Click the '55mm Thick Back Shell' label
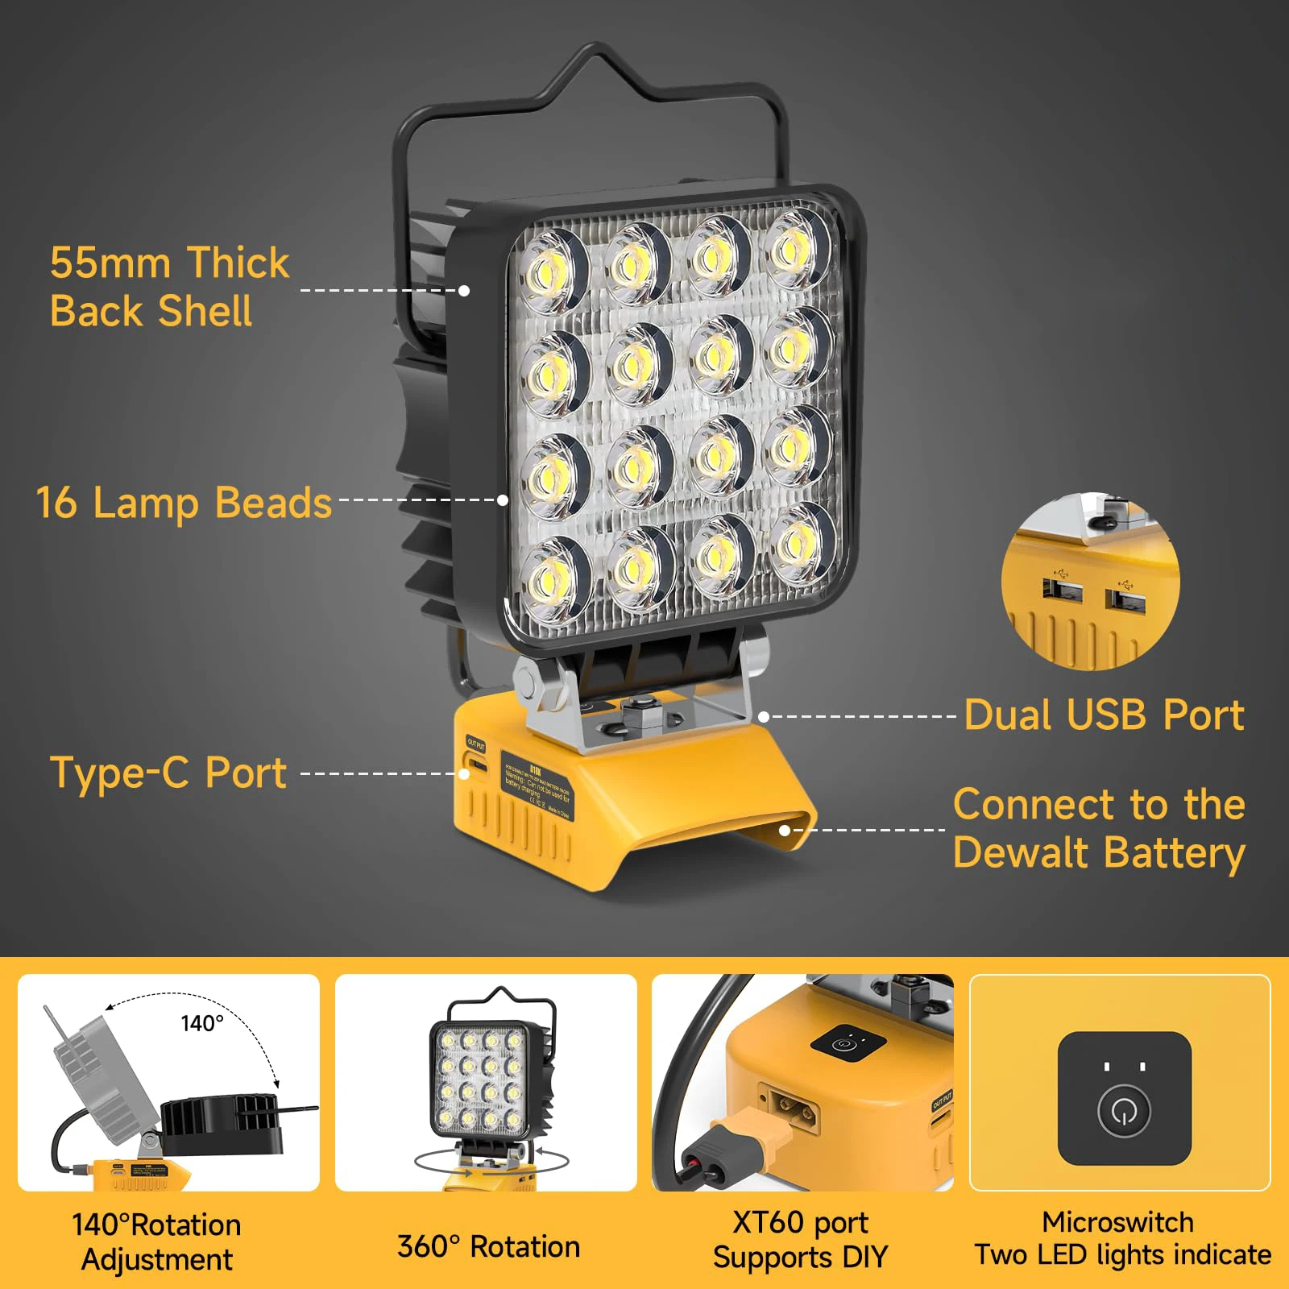pos(169,287)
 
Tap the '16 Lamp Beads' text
pos(184,503)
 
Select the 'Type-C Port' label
pos(168,773)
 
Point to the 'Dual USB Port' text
pos(1104,715)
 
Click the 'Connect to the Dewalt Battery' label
pos(1099,828)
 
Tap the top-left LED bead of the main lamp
pos(552,271)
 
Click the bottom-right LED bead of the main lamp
pos(798,542)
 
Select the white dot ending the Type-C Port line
pos(464,773)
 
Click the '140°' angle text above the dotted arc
pos(201,1023)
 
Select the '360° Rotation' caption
pos(488,1246)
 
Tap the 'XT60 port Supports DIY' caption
pos(801,1240)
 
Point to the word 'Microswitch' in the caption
pos(1117,1222)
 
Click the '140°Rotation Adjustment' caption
pos(156,1242)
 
